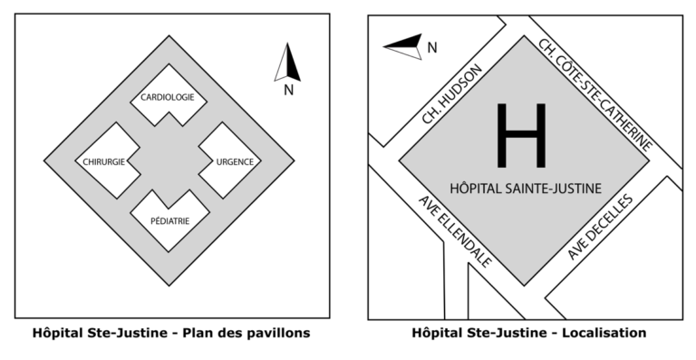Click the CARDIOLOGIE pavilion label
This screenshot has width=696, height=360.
pos(168,97)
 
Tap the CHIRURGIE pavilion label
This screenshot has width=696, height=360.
pos(104,162)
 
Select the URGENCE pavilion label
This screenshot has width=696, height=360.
pos(235,162)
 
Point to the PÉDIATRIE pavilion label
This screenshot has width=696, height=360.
pos(170,220)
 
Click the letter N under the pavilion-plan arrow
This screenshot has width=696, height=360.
pos(288,90)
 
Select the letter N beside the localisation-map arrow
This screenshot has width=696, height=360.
pos(432,48)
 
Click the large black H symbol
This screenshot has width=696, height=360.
pos(521,135)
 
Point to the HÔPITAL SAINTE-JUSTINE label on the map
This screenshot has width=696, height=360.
pos(526,189)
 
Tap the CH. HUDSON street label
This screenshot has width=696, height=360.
pos(451,94)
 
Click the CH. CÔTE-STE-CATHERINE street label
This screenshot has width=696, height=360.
pos(595,94)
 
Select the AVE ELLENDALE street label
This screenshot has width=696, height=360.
pos(455,231)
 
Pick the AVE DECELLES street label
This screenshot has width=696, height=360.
pos(600,227)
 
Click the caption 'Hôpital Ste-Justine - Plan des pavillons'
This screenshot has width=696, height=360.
pos(171,333)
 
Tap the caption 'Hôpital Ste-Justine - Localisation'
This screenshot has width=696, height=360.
pos(529,333)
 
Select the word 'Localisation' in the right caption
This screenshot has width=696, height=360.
pos(604,333)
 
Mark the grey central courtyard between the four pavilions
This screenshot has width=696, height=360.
pos(169,161)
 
